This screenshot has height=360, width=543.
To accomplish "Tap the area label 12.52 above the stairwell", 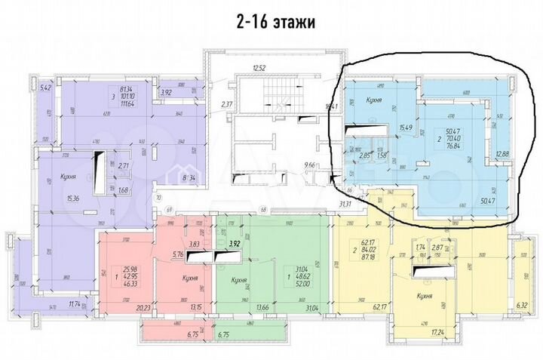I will [x=259, y=69].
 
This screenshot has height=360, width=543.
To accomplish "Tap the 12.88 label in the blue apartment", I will [x=503, y=155].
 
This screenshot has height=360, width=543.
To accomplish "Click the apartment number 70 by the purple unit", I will [x=159, y=198].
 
